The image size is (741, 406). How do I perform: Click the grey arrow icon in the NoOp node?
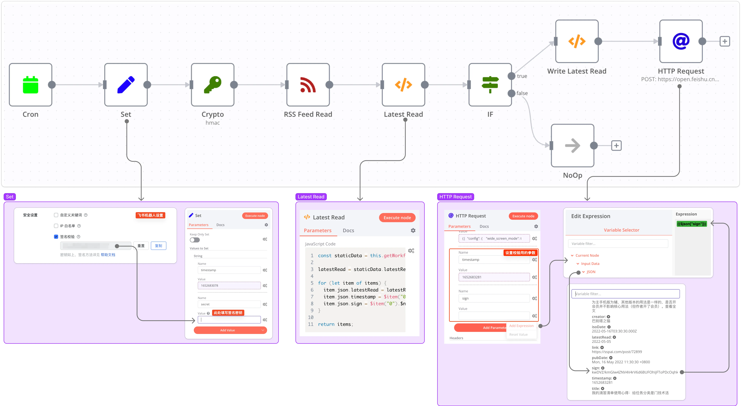coord(572,146)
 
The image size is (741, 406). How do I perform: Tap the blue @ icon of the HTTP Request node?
coord(681,41)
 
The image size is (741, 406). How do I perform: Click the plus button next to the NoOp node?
coord(616,146)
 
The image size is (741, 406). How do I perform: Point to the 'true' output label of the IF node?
coord(522,76)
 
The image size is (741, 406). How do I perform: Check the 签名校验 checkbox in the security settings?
coord(56,237)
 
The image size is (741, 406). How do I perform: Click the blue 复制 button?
coord(159,246)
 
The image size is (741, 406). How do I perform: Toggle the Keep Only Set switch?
coord(195,240)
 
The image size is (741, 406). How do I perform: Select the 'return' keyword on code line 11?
coord(326,324)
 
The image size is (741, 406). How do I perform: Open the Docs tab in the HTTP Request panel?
coord(484,226)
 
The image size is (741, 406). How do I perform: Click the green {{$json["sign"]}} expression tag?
coord(691,224)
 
